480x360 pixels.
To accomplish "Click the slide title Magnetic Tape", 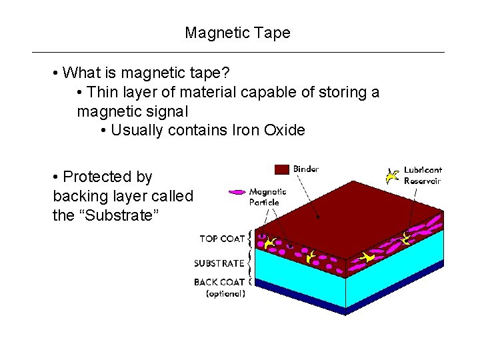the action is (238, 33).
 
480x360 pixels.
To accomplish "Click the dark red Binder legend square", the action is (282, 169).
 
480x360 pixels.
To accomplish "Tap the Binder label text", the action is (306, 169).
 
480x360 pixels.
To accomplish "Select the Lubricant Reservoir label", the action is (423, 175).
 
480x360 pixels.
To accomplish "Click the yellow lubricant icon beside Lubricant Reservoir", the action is (393, 176).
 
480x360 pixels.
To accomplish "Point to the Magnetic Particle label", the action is (267, 197).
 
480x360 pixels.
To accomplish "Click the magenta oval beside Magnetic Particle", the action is (237, 192).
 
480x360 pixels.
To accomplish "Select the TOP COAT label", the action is (222, 239).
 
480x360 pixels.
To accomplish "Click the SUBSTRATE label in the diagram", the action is (219, 263).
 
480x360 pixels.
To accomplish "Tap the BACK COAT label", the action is (219, 282).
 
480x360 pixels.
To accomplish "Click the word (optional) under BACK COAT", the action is (225, 293).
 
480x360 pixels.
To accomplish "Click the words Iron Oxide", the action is (275, 130).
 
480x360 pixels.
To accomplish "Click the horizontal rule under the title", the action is (238, 52).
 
